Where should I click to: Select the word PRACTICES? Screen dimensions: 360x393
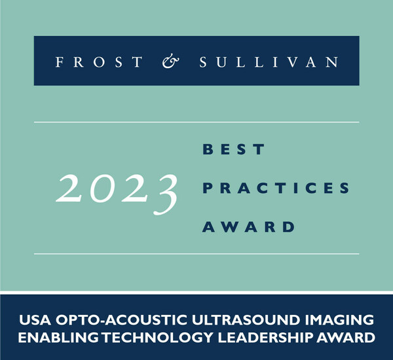[275, 188]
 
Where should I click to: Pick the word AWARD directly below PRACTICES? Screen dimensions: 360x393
[248, 226]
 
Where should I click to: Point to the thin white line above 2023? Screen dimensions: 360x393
[196, 122]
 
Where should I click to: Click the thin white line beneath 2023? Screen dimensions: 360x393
[196, 253]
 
